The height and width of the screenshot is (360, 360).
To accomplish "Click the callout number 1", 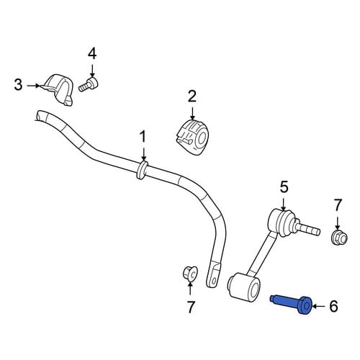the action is (143, 136).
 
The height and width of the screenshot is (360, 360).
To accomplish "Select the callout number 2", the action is (192, 96).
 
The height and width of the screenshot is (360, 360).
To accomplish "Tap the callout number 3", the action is (18, 85).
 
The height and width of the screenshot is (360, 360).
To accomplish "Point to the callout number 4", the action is (92, 54).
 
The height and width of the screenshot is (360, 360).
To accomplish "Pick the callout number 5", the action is (284, 187).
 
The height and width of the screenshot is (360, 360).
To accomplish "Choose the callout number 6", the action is (334, 307).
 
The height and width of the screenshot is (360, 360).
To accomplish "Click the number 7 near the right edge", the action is (338, 205).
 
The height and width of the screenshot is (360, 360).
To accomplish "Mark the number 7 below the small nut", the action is (190, 307).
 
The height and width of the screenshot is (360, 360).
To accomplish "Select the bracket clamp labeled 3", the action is (58, 89).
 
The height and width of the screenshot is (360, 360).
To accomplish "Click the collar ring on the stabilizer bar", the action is (142, 170).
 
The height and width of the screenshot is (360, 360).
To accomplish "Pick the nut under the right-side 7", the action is (339, 237).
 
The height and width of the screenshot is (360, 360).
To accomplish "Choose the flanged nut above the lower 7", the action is (190, 274).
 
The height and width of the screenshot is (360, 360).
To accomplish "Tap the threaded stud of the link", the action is (307, 229).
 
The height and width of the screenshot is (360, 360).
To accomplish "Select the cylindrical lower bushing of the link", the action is (243, 286).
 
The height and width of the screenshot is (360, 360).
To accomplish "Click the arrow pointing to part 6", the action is (320, 307).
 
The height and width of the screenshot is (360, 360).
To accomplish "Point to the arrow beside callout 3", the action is (33, 86).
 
